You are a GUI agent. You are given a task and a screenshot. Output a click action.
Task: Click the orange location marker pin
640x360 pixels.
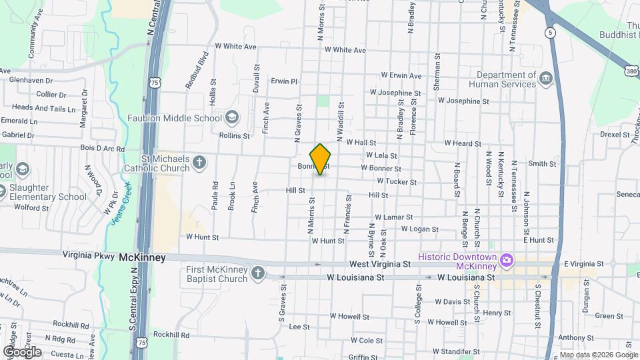click(x=321, y=159)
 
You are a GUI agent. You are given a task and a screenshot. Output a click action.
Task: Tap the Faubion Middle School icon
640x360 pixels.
click(x=231, y=117)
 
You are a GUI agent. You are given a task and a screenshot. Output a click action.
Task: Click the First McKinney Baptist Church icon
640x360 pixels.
click(x=257, y=273)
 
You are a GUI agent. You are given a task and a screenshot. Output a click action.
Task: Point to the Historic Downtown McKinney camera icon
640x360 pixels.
click(x=507, y=259)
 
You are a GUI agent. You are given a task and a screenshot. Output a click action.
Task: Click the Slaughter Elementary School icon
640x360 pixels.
click(x=3, y=191)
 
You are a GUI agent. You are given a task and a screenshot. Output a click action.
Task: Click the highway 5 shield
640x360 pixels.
click(x=549, y=31)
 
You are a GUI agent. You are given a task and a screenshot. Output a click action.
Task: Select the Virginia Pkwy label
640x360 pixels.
click(x=89, y=255)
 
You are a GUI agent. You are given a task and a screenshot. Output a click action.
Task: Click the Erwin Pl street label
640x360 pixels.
click(x=283, y=81)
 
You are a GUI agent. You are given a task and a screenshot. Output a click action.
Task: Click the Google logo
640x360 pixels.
click(x=22, y=351)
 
